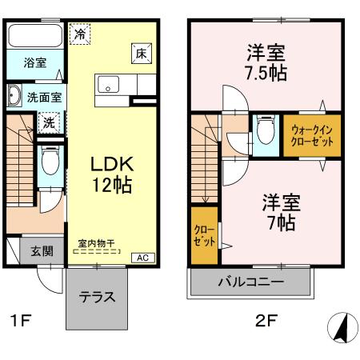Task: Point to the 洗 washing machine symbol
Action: tap(49, 123)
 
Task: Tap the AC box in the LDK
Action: tap(142, 258)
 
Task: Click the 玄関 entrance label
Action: tap(42, 250)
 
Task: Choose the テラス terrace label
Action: tap(97, 297)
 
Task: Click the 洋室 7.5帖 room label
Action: tap(266, 62)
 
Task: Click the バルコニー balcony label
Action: tap(250, 282)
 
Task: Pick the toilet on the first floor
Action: tap(49, 164)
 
